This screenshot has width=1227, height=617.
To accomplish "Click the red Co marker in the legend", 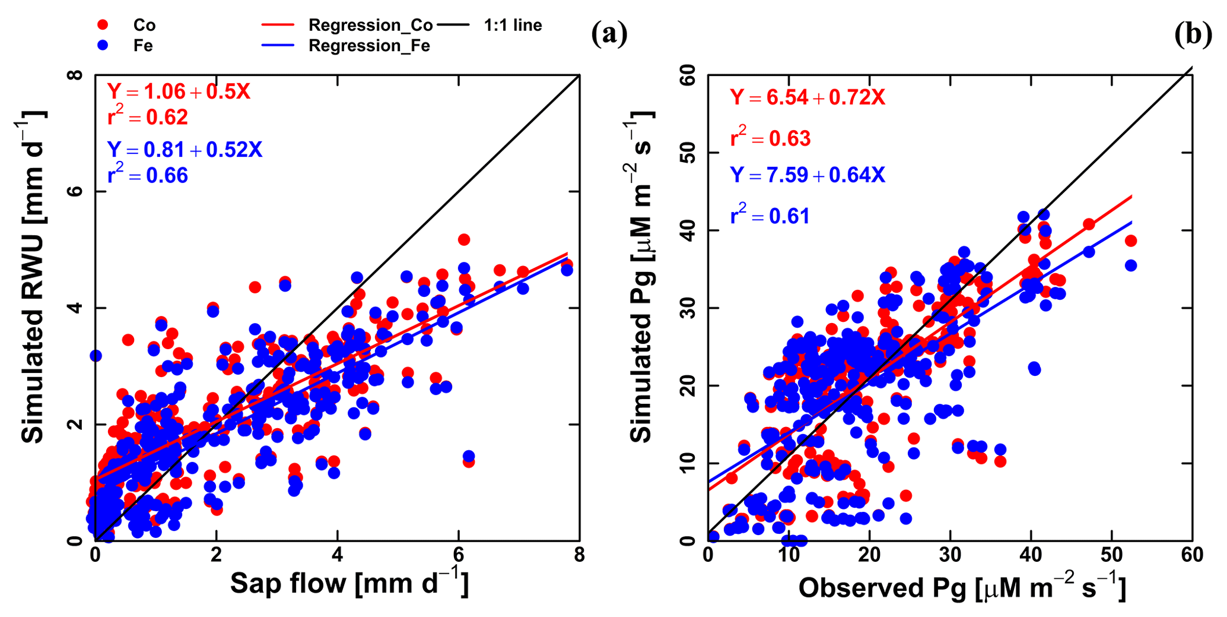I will tap(103, 25).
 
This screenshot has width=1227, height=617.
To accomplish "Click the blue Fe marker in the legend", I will tap(103, 46).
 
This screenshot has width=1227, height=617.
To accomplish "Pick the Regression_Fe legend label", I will tap(369, 46).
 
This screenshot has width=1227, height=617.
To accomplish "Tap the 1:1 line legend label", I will tap(513, 25).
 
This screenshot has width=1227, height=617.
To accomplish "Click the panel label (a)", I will tap(609, 34).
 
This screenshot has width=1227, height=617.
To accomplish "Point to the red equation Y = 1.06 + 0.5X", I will tap(179, 91).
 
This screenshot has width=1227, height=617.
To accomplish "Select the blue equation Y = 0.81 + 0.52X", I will tap(185, 150).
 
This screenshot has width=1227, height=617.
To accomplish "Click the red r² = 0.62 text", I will tap(148, 117).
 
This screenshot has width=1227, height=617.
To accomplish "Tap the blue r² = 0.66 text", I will tap(148, 175).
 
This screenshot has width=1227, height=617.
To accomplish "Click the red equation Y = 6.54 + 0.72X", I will tap(808, 97).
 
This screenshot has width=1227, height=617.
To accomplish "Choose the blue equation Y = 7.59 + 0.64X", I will tap(808, 175).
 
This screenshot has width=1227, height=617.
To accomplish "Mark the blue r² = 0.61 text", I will tap(770, 216).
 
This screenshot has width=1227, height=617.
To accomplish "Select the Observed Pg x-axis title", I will tap(961, 587).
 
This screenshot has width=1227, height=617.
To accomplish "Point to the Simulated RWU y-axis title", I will tap(33, 277).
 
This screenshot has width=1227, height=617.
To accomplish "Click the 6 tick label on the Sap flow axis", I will tap(458, 555).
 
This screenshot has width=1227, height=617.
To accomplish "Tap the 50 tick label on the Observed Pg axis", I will tap(1111, 555).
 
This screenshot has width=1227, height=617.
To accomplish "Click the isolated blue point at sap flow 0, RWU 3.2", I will tap(96, 356).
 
